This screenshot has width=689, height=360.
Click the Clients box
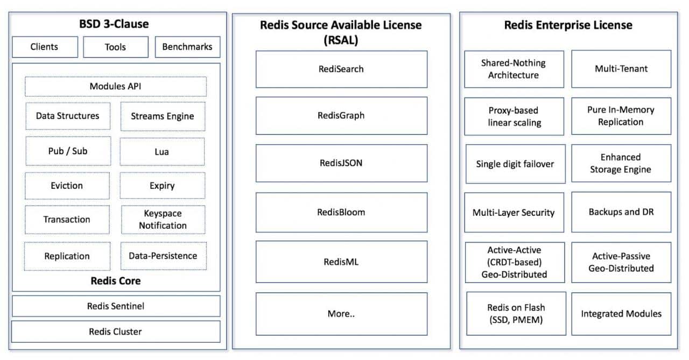coord(45,47)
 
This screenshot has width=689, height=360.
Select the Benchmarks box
coord(188,47)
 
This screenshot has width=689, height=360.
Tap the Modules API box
coord(116,87)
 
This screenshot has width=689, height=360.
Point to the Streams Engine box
coord(163,116)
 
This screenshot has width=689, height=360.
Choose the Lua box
coord(162,152)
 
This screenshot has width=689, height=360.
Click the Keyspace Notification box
coord(163,220)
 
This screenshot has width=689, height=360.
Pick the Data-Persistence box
coord(163,256)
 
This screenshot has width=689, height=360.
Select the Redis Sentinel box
coord(116,306)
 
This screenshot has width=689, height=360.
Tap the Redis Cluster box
coord(116,331)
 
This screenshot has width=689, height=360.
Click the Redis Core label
coord(116,281)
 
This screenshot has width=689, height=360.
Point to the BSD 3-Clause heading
coord(114,24)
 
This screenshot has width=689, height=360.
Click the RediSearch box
coord(341,69)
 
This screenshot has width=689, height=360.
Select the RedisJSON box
coord(341,163)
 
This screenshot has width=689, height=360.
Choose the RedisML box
coord(341,262)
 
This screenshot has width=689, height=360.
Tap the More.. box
coord(341,314)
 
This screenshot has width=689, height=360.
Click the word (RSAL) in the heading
coord(341,40)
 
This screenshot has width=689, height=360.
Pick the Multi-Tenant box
coord(621,69)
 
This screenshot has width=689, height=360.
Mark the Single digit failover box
coord(516,164)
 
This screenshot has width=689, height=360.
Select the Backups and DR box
coord(621,212)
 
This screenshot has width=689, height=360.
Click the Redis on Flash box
coord(516,314)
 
